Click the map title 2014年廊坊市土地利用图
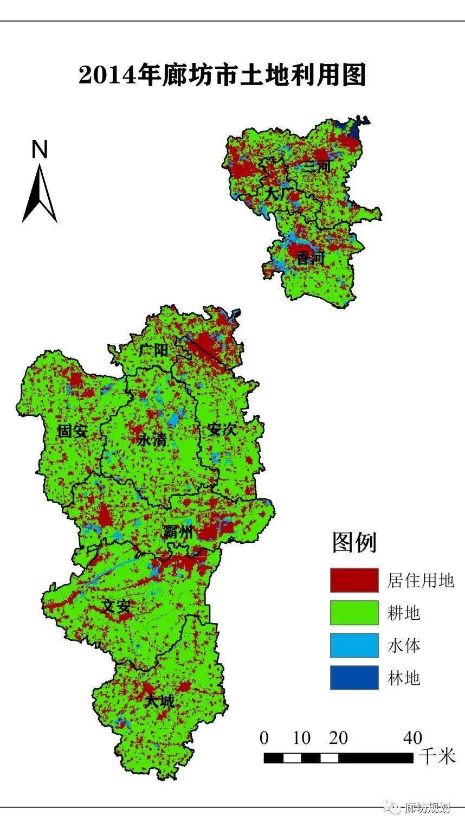[222, 75]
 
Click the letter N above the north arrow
[40, 150]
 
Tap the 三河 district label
[317, 166]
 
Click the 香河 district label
[309, 259]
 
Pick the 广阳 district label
[153, 350]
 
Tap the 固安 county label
[73, 431]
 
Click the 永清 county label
[151, 440]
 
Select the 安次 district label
[222, 430]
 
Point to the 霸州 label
[178, 532]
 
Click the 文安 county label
[117, 606]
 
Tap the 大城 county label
[160, 701]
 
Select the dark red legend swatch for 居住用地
[354, 580]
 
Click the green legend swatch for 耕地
[354, 613]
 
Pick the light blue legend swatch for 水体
[354, 645]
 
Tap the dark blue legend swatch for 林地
[354, 678]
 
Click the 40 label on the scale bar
[412, 737]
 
